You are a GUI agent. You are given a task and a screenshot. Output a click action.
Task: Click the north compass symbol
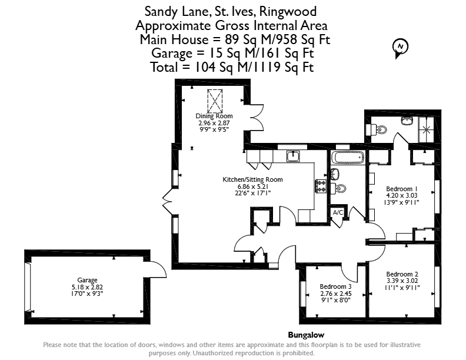click(x=400, y=48)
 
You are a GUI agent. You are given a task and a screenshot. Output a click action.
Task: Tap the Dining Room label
click(x=214, y=116)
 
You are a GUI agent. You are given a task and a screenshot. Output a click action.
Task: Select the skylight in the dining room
click(x=215, y=101)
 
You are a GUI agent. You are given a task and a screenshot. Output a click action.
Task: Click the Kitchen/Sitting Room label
click(x=252, y=179)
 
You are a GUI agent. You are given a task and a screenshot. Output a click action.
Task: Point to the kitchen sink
click(x=293, y=156)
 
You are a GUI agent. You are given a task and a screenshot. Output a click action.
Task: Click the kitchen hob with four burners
click(x=321, y=186)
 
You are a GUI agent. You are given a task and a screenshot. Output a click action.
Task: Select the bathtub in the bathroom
click(x=347, y=157)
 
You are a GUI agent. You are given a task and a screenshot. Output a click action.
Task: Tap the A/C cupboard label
click(x=338, y=212)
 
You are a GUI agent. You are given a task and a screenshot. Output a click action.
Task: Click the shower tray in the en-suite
click(x=427, y=129)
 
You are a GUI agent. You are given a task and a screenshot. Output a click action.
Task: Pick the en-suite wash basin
click(x=407, y=121)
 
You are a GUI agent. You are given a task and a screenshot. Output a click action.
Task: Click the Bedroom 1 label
click(x=402, y=189)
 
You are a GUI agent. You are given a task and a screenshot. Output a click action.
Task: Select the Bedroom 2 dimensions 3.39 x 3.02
click(x=402, y=281)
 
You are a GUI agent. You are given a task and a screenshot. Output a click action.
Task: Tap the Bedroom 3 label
click(x=335, y=286)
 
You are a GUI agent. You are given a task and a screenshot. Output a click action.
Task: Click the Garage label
click(x=87, y=280)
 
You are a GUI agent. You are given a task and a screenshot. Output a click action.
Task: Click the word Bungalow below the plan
click(x=306, y=335)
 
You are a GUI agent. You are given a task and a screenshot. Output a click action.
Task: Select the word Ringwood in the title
click(x=288, y=12)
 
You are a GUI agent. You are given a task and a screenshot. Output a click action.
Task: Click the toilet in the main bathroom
click(x=338, y=188)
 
